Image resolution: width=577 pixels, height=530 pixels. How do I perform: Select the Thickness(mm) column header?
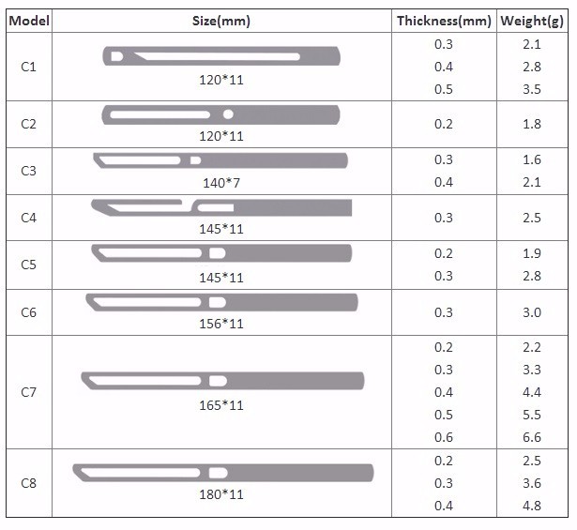(x=443, y=21)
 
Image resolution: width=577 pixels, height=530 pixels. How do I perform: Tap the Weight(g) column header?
(x=531, y=21)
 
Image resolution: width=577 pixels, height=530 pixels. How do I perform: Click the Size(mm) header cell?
(x=220, y=21)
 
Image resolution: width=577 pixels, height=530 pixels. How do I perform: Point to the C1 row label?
(x=28, y=68)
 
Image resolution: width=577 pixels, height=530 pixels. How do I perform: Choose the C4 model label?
(x=28, y=218)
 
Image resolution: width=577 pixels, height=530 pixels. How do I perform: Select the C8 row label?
(x=28, y=483)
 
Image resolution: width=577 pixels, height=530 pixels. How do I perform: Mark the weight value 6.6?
(x=531, y=437)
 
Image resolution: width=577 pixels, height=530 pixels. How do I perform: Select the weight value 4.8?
(x=531, y=507)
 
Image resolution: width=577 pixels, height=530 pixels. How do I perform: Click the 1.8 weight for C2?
(x=531, y=125)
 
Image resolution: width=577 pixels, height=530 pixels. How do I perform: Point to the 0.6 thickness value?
(x=444, y=437)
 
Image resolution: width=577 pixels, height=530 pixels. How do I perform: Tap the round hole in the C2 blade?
(x=229, y=114)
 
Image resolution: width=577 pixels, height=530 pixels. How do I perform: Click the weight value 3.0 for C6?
(x=531, y=312)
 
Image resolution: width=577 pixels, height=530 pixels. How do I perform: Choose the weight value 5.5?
(x=531, y=415)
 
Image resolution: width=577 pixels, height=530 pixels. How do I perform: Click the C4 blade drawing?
(x=221, y=206)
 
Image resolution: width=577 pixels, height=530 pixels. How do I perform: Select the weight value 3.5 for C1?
(x=531, y=90)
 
